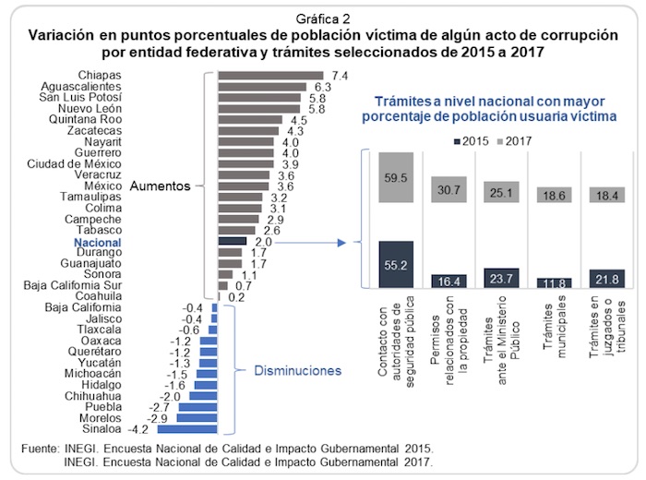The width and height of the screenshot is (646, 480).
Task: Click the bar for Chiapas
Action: coord(270,76)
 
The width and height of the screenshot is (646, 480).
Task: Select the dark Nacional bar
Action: coord(232,242)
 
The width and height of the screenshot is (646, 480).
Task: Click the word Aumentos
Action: coord(159,185)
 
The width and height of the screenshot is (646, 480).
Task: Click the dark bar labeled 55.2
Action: coord(395,264)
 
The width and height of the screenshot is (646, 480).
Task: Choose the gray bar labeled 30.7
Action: coord(449,189)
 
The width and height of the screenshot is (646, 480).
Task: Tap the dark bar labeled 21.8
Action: coord(606,278)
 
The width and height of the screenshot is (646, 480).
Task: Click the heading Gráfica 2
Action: coord(322,17)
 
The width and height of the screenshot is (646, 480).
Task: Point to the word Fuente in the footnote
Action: coord(41,449)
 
